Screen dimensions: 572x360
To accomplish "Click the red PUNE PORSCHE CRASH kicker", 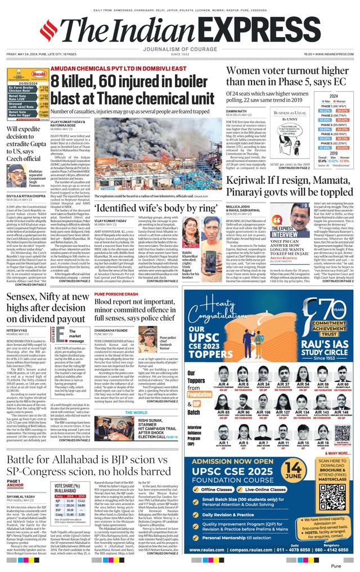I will point(116,294).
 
